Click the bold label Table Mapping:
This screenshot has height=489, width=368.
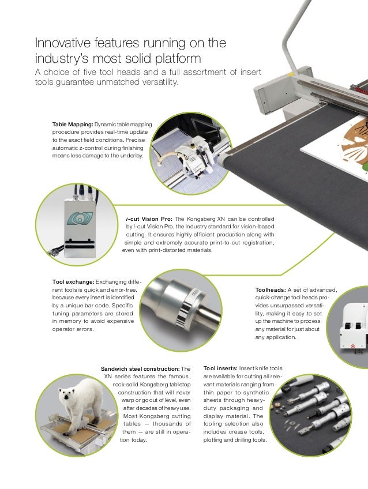[x=73, y=125]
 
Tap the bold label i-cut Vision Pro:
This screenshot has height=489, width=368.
[x=149, y=219]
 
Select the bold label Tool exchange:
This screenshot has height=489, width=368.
[x=73, y=282]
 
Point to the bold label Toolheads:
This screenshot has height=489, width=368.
[x=271, y=290]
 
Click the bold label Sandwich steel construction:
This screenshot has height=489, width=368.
[x=140, y=369]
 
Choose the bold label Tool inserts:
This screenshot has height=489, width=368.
[x=220, y=368]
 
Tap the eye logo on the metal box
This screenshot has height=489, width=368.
[x=80, y=218]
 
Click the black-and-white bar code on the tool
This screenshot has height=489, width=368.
[x=183, y=314]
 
